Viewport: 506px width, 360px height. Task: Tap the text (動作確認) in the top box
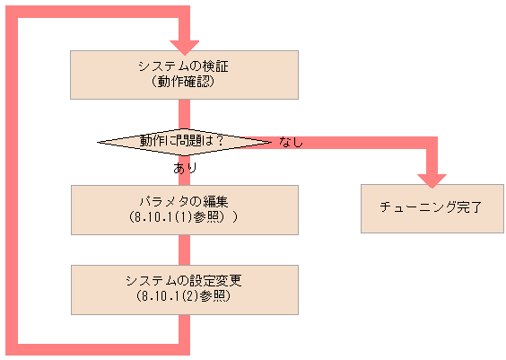pyautogui.click(x=184, y=81)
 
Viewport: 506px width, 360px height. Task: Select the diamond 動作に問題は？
pyautogui.click(x=183, y=141)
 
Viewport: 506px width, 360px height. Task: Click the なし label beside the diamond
pyautogui.click(x=292, y=142)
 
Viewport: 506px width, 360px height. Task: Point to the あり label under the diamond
pyautogui.click(x=184, y=168)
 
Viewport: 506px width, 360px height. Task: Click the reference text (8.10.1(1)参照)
pyautogui.click(x=184, y=217)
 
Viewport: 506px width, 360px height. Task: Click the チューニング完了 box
pyautogui.click(x=432, y=208)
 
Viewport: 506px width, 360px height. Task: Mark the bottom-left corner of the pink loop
pyautogui.click(x=11, y=347)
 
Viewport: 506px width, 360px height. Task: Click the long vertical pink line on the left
pyautogui.click(x=11, y=180)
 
